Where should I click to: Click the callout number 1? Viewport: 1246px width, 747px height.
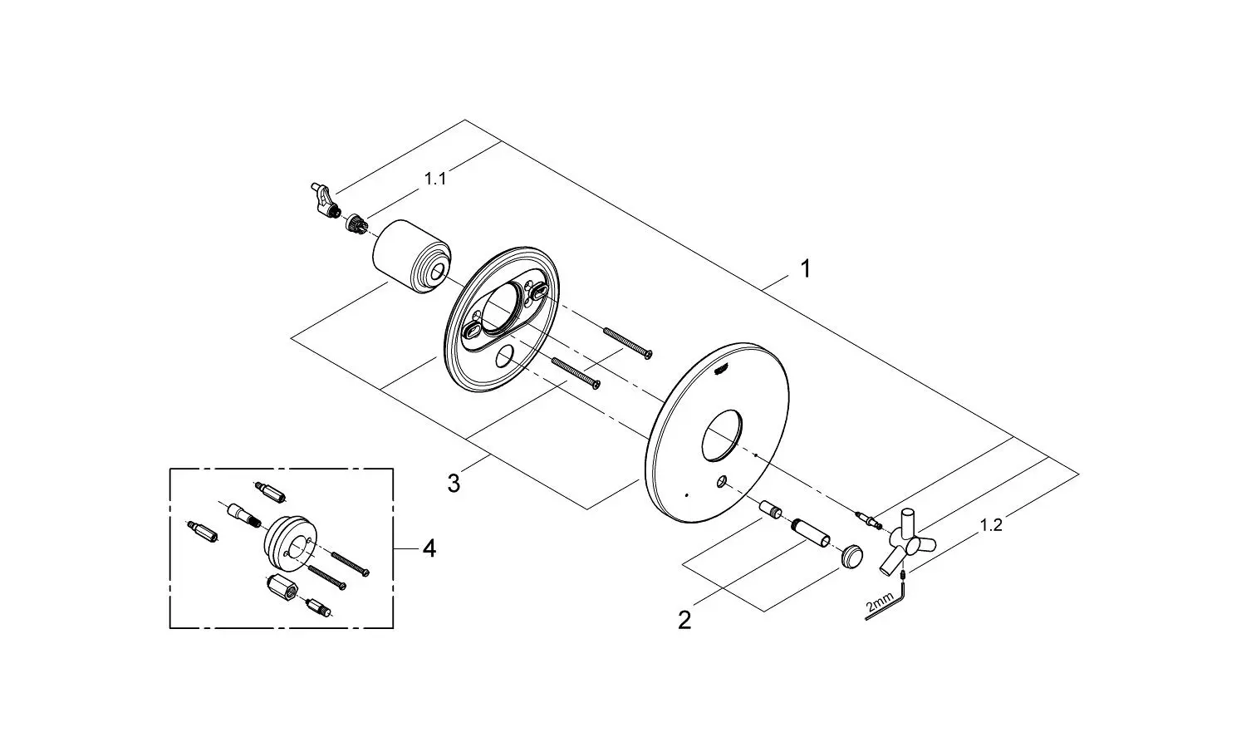click(x=804, y=268)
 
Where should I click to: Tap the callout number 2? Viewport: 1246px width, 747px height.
click(x=684, y=620)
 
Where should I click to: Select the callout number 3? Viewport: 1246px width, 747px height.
click(x=454, y=483)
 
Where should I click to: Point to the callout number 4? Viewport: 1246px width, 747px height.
click(x=429, y=548)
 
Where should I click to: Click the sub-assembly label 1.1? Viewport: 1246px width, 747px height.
click(x=435, y=179)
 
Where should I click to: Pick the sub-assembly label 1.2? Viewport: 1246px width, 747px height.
click(x=991, y=525)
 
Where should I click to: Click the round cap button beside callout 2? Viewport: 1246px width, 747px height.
click(x=851, y=556)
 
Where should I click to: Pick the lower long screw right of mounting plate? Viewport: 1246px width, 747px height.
click(x=575, y=371)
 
